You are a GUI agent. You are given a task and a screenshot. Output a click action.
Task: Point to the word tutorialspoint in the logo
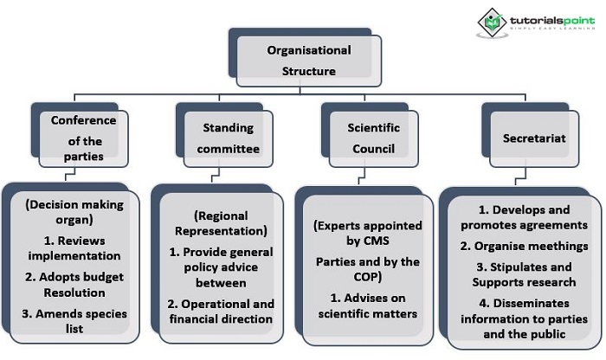coord(543,16)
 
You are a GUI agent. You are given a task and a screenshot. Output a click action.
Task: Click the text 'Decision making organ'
coord(75,213)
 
